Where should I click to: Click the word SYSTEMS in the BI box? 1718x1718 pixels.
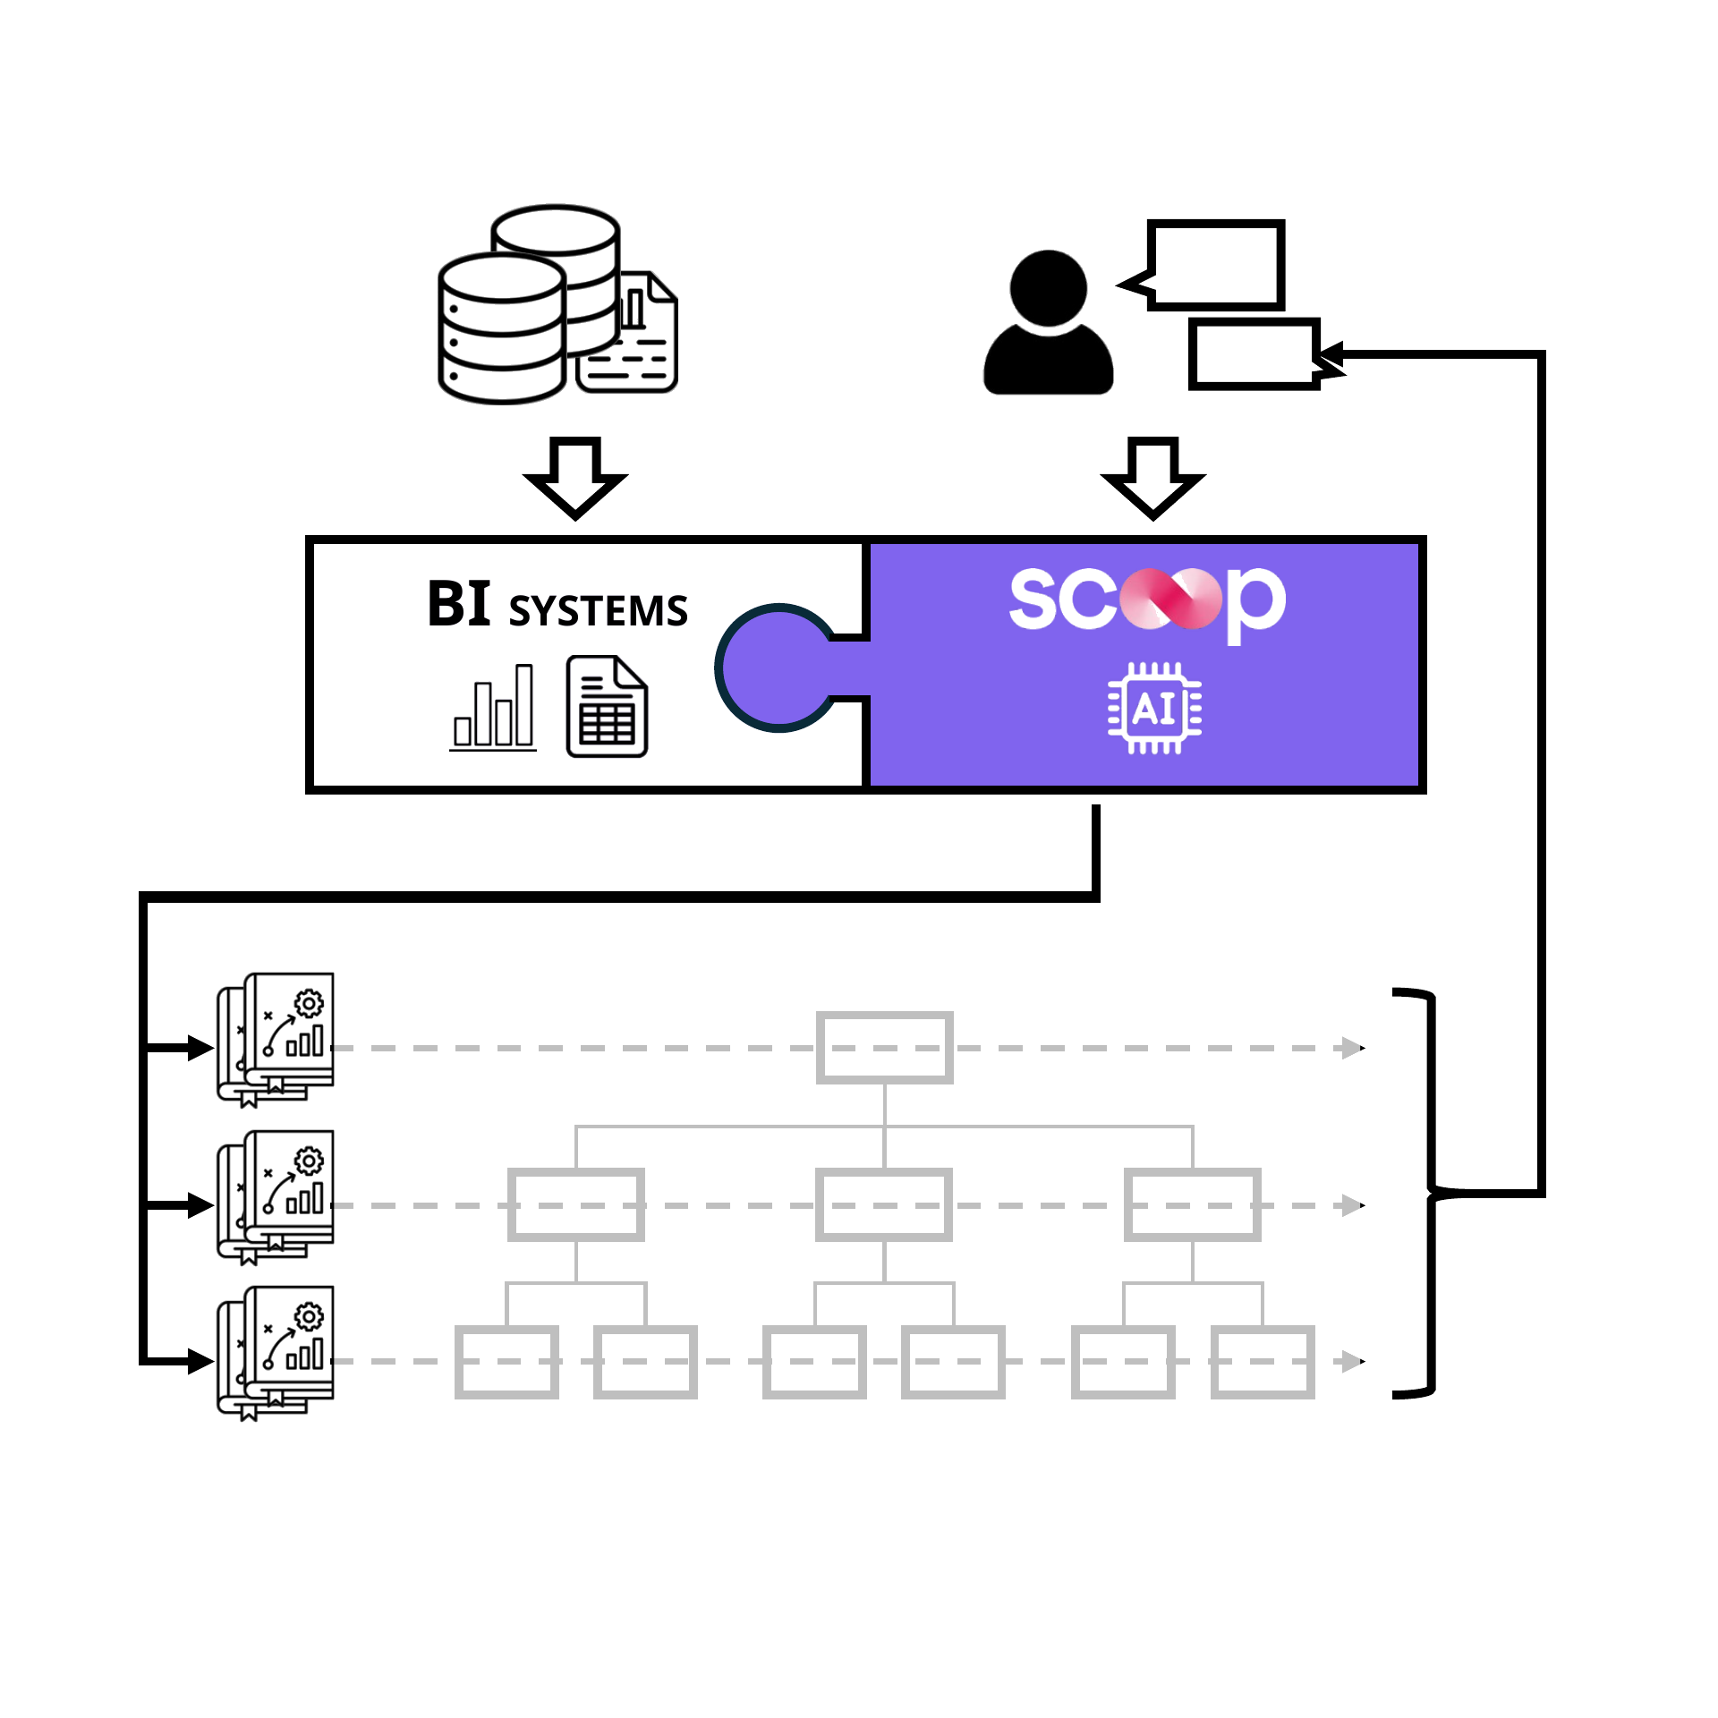point(598,611)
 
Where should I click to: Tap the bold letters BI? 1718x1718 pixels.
point(459,604)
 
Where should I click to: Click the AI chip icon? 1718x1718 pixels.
point(1154,709)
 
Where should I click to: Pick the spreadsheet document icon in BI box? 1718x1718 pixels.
point(607,707)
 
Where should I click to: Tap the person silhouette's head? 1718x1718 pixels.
point(1048,288)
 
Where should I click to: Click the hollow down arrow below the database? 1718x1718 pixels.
point(575,478)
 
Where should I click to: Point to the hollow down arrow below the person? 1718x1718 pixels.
point(1153,478)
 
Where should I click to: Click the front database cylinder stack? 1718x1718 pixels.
point(502,328)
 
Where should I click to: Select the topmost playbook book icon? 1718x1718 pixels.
point(275,1040)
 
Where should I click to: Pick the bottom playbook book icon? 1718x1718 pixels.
point(275,1353)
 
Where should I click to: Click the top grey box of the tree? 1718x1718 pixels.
point(884,1048)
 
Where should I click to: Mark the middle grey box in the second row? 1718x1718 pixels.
point(884,1204)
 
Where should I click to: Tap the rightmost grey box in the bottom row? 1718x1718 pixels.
point(1263,1362)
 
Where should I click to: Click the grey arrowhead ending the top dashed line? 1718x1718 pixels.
point(1353,1048)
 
